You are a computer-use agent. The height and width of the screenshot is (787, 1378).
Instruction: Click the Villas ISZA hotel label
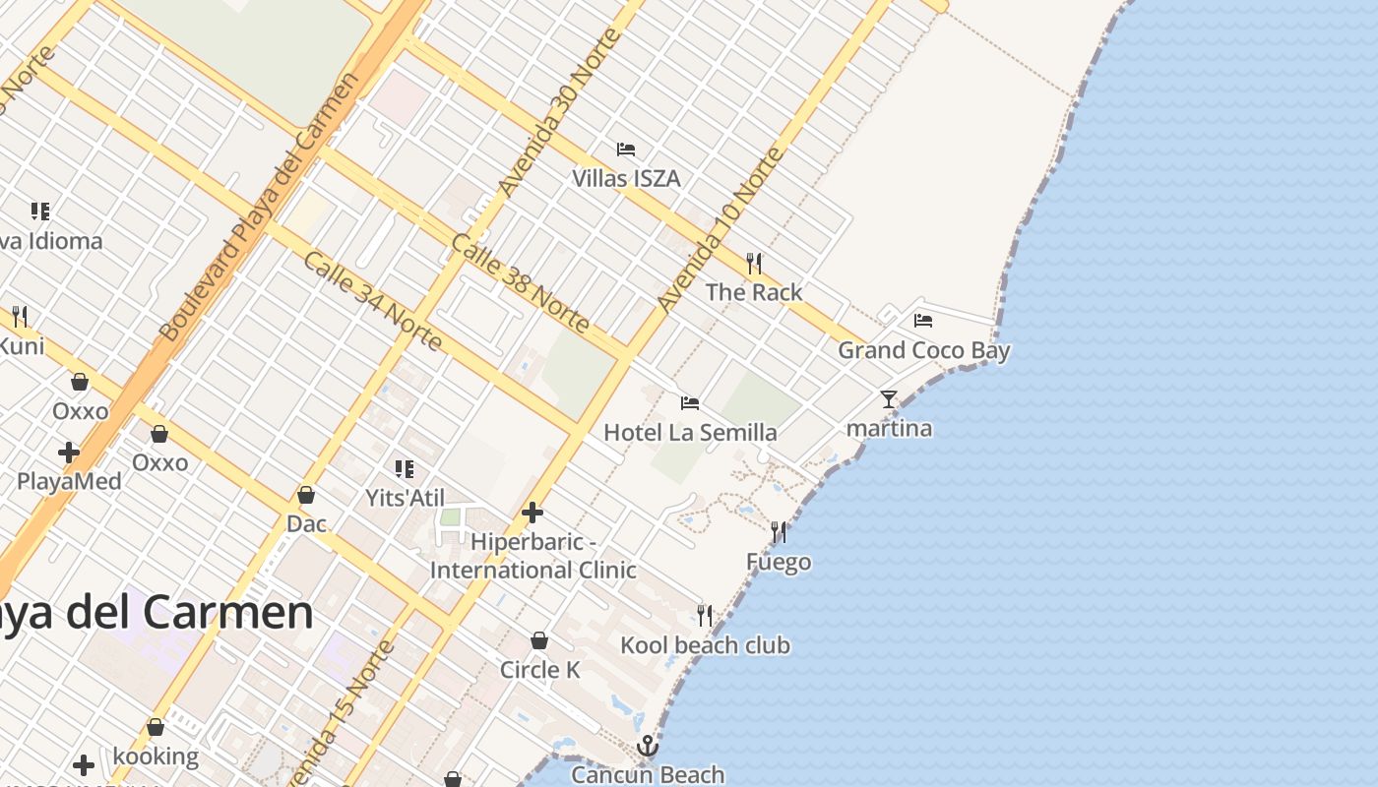coord(626,178)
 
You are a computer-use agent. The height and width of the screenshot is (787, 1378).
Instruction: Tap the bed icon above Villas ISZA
coord(626,150)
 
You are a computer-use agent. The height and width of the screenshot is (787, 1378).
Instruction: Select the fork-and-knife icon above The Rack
coord(754,263)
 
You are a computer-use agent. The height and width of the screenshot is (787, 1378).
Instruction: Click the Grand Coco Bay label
coord(923,350)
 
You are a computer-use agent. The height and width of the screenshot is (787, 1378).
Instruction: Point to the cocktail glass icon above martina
coord(889,399)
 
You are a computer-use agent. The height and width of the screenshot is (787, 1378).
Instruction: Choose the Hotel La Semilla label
coord(689,432)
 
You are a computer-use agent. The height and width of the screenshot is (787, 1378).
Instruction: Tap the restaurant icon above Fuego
coord(779,532)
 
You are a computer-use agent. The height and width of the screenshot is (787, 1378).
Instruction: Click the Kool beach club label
coord(705,645)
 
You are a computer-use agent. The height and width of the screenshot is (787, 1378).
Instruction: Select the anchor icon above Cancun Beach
coord(647,746)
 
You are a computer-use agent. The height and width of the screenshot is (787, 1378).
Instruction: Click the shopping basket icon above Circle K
coord(539,640)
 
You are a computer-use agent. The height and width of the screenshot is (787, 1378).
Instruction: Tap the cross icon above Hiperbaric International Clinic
coord(532,513)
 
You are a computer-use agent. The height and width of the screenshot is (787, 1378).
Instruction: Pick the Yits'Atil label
coord(405,498)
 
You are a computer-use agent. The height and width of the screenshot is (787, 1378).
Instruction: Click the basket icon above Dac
coord(306,495)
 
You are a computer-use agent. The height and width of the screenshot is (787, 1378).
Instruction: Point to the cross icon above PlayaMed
coord(69,453)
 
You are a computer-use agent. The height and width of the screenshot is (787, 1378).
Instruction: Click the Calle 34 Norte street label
coord(372,300)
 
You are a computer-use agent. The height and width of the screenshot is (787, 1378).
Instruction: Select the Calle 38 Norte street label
coord(521,283)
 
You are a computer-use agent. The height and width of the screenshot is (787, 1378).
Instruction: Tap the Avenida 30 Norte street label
coord(559,111)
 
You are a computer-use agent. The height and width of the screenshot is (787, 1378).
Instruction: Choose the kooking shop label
coord(156,757)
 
